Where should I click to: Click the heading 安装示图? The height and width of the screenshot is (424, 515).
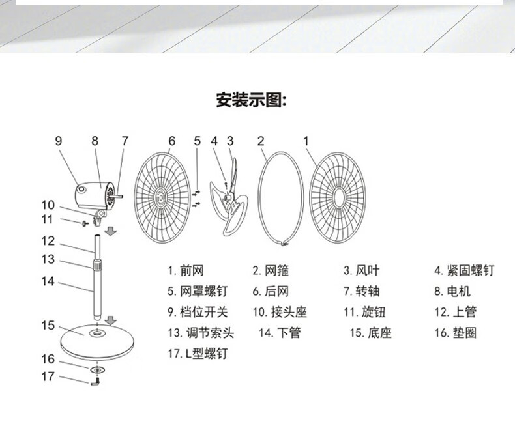[x=252, y=101]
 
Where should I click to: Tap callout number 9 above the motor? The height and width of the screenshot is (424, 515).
[x=58, y=141]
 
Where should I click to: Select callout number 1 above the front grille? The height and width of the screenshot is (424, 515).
[x=306, y=141]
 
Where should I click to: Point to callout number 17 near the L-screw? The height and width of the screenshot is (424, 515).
[x=47, y=376]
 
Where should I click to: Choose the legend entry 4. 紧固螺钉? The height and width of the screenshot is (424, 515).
[x=465, y=270]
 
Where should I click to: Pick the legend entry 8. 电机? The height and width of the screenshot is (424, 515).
[x=452, y=291]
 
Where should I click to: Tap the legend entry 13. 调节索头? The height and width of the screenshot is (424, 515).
[x=200, y=333]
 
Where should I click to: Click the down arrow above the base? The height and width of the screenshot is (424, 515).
[x=111, y=320]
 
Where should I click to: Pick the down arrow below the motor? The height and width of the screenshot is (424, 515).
[x=111, y=231]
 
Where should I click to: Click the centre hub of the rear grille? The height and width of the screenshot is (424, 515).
[x=161, y=193]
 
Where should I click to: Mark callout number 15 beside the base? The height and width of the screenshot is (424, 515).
[x=48, y=325]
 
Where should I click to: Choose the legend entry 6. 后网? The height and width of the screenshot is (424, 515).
[x=270, y=291]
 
